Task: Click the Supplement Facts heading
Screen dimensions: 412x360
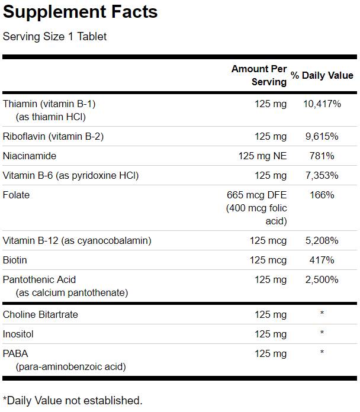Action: coord(81,12)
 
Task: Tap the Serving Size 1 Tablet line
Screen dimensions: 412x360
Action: coord(55,37)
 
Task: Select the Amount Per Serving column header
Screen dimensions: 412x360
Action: coord(259,76)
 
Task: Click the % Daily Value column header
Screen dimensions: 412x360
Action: coord(322,76)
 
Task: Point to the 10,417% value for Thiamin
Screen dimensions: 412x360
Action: coord(322,104)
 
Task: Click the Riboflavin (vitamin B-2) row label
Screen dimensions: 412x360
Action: coord(53,137)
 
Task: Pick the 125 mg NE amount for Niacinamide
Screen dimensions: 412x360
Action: coord(262,156)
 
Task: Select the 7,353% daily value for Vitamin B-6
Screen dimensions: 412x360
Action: coord(322,176)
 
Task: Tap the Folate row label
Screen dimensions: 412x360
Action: coord(16,195)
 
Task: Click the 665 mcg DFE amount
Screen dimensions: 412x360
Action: coord(256,195)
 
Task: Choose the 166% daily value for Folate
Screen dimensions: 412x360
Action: coord(322,195)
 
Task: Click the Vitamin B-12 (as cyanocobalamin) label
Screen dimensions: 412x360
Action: coord(77,241)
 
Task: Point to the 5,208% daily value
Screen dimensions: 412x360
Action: coord(322,241)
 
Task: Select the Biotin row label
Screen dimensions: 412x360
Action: coord(15,260)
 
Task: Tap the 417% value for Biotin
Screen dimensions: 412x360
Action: coord(322,260)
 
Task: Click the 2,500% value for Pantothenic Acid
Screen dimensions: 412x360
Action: coord(322,280)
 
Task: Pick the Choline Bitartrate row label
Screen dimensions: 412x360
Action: coord(40,315)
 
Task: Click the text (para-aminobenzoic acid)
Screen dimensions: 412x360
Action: coord(71,367)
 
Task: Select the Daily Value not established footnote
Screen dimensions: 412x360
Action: coord(72,401)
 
